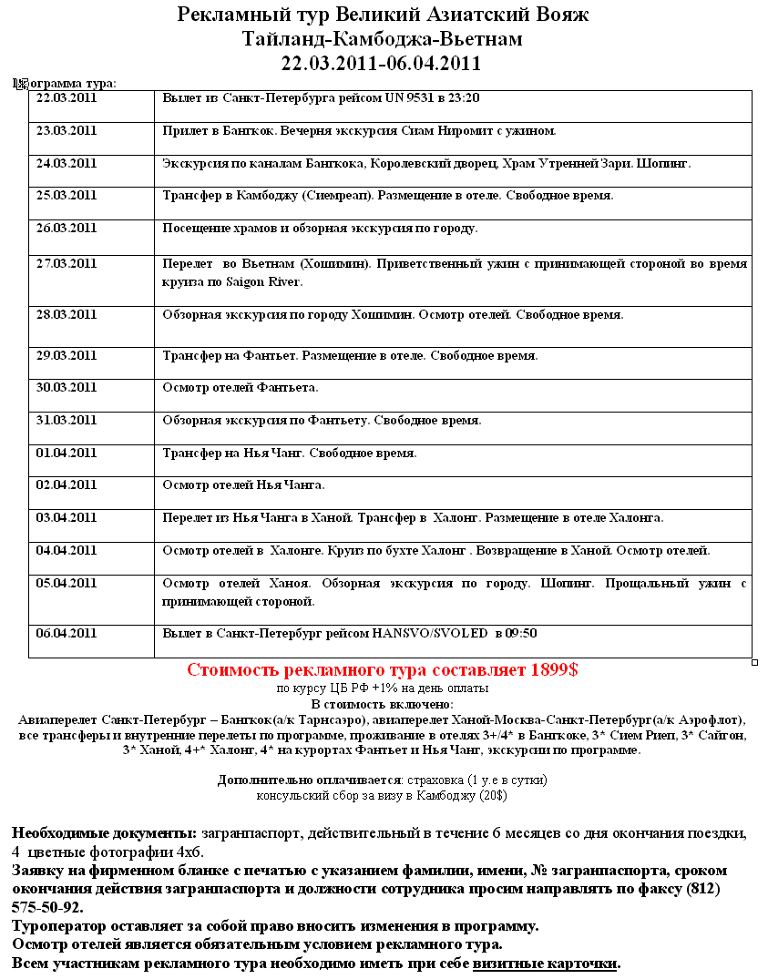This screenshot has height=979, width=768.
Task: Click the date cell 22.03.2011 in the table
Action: tap(66, 97)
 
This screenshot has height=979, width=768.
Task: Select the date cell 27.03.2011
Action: tap(66, 264)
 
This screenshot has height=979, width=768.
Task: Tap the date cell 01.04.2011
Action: tap(66, 453)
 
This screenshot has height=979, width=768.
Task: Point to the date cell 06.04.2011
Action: tap(66, 633)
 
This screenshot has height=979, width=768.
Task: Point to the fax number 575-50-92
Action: tap(47, 908)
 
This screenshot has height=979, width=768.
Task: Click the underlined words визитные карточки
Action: tap(545, 963)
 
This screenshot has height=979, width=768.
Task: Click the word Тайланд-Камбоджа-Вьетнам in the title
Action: tap(383, 39)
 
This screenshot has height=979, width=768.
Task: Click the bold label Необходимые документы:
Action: tap(104, 833)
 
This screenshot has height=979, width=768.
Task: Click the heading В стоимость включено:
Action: tap(382, 704)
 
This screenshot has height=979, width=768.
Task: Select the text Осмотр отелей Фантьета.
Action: tap(241, 387)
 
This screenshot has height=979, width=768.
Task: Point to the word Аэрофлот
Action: tap(711, 719)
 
